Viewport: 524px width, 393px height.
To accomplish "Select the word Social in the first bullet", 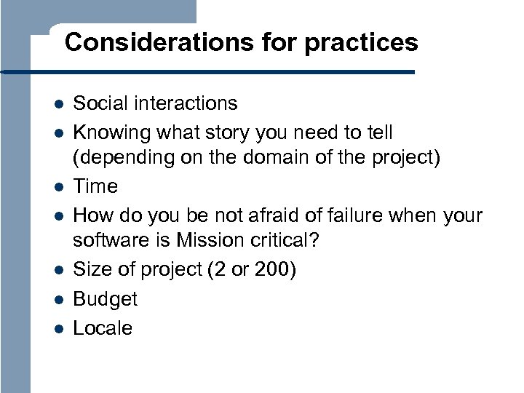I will [x=100, y=103].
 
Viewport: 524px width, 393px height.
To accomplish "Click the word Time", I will [x=95, y=186].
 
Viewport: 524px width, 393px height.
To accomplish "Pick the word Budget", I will [x=106, y=299].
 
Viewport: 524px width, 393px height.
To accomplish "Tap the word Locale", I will [x=103, y=328].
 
